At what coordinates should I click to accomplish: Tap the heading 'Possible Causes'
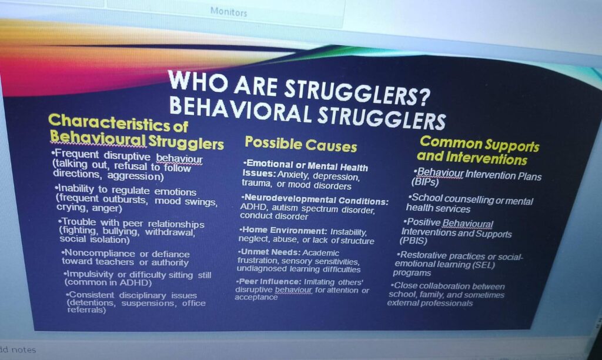[301, 144]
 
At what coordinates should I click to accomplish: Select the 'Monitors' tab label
[229, 12]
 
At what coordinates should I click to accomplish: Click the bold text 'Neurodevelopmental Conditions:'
[315, 199]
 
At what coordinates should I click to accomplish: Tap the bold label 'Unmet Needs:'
[269, 252]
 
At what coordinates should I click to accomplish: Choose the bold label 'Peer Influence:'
[269, 281]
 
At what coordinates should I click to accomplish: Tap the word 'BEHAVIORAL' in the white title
[240, 108]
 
